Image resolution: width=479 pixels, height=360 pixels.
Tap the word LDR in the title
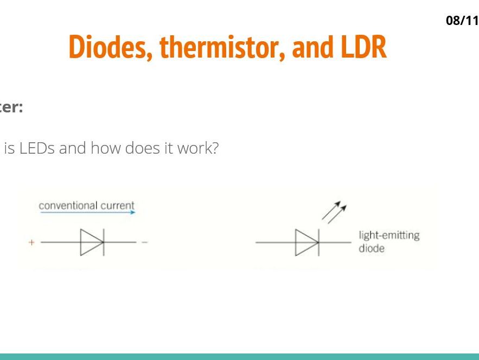(363, 47)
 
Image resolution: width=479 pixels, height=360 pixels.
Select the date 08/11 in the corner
(462, 21)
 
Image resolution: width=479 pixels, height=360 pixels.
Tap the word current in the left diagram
(117, 206)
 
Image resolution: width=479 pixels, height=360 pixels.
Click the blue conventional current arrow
(87, 213)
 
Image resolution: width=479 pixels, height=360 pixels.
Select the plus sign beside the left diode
(31, 242)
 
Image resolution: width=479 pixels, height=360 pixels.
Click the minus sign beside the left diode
(144, 242)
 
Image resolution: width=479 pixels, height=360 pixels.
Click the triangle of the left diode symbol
(91, 242)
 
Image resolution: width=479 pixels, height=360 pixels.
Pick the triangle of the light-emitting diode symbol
(305, 242)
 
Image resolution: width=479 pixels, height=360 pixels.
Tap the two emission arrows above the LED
(334, 212)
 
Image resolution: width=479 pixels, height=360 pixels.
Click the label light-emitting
(388, 236)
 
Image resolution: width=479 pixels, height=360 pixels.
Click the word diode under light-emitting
(371, 249)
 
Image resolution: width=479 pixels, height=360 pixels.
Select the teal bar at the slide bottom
(239, 356)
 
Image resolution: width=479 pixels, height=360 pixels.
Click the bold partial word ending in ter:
(11, 108)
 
